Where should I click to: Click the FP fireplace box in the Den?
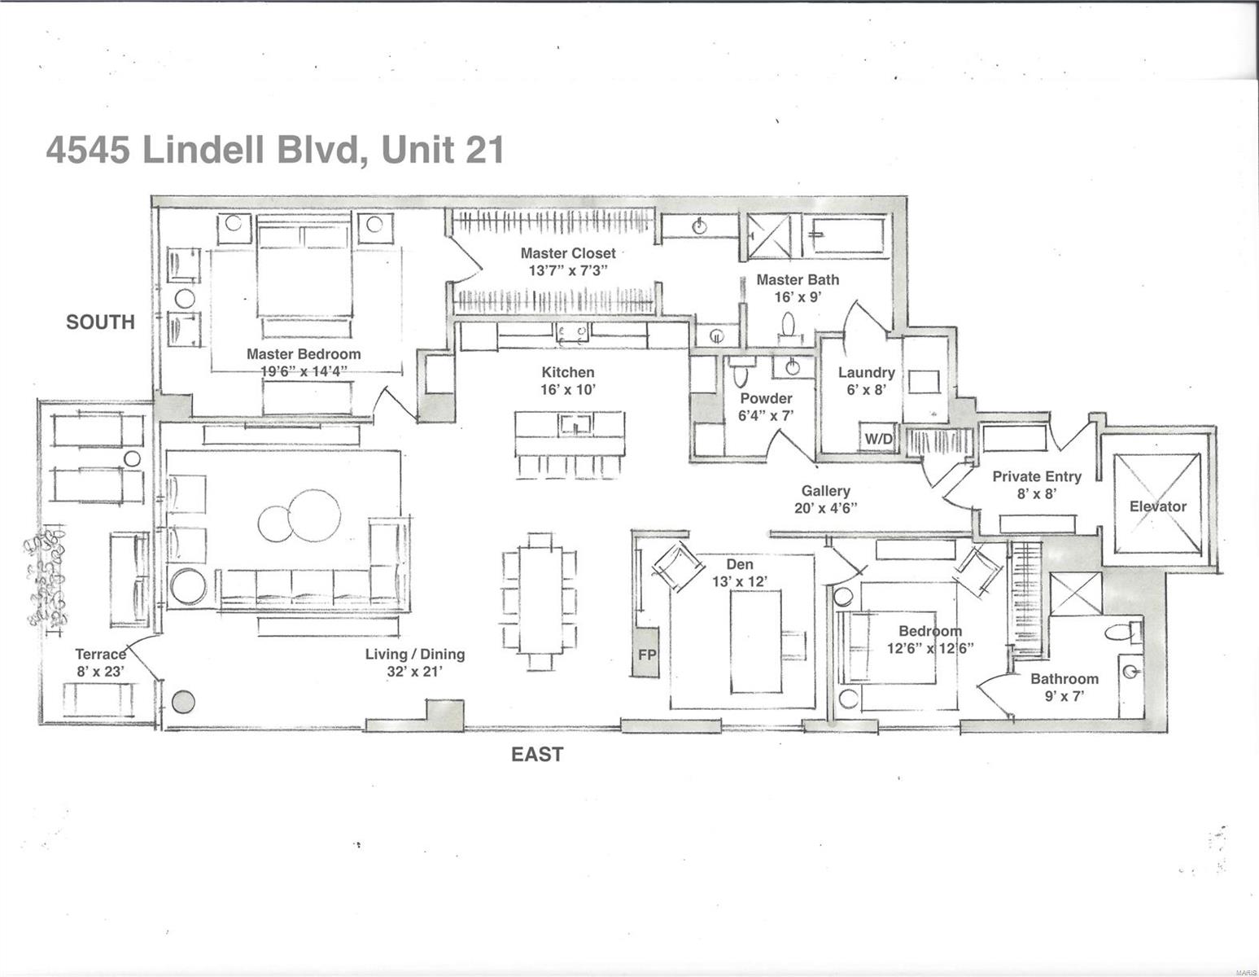(x=646, y=653)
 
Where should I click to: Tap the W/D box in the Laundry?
(x=878, y=440)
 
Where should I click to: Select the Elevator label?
(x=1157, y=506)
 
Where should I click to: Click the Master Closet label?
(x=568, y=253)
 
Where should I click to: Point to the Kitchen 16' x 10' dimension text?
(x=568, y=390)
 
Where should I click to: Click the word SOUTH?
(x=100, y=322)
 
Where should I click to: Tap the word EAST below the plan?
(x=536, y=755)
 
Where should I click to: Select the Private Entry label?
(x=1036, y=477)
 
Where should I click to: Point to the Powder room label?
(x=765, y=399)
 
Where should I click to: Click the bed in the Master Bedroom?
(x=304, y=270)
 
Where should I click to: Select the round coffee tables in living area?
(x=299, y=515)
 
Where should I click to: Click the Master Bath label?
(x=797, y=280)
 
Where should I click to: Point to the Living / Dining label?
(x=414, y=655)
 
